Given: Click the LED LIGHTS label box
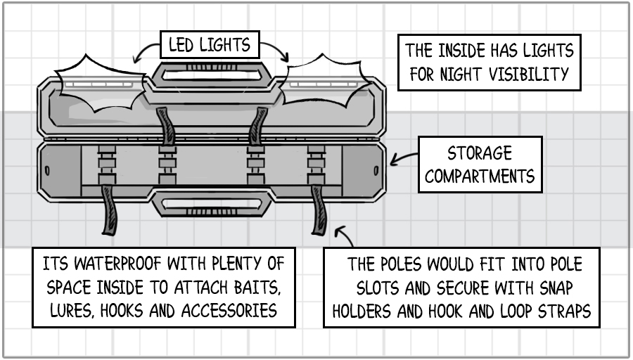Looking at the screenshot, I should point(209,46).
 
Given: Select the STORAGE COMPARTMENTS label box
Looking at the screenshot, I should point(480,165).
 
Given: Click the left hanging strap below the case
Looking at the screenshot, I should point(110,210).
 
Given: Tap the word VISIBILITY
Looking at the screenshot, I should point(539,73).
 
